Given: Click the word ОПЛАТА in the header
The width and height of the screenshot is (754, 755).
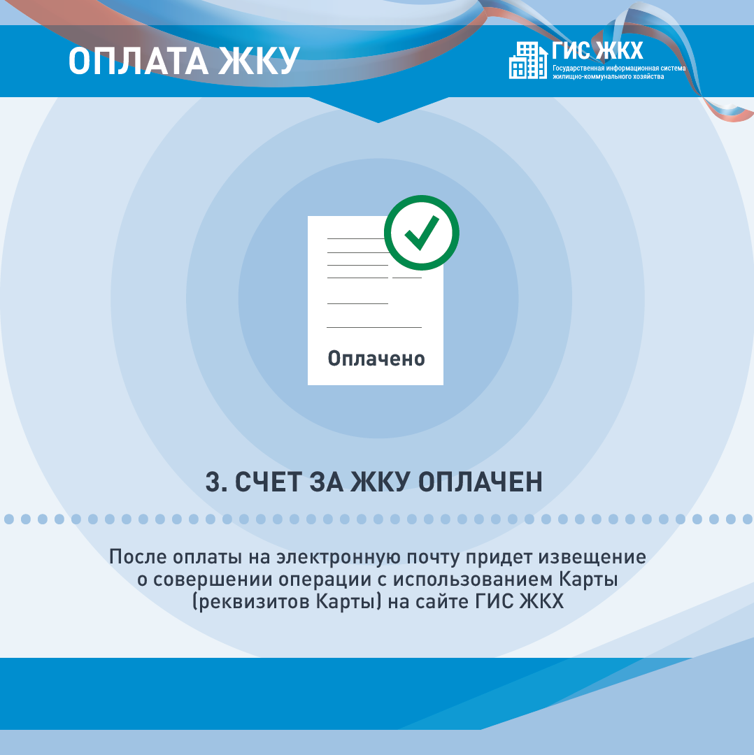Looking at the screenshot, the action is [x=138, y=61].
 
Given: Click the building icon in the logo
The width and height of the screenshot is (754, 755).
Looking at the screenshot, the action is [x=528, y=60].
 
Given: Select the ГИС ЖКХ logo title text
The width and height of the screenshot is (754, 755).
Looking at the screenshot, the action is [x=597, y=50].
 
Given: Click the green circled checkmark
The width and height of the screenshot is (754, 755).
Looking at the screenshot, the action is [x=422, y=233].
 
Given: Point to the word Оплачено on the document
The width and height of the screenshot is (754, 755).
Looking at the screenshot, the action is [x=376, y=359].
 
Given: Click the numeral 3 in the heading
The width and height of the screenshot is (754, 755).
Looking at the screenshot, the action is [x=213, y=482].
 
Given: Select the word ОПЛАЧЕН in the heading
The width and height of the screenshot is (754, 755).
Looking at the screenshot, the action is [x=480, y=482].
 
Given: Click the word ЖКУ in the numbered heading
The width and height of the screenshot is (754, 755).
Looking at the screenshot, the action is [x=380, y=482].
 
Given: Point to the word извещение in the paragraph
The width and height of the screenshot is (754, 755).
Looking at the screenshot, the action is [x=592, y=557].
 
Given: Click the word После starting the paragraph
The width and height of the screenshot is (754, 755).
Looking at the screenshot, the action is [x=138, y=557].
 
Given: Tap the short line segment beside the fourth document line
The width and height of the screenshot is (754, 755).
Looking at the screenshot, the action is [x=407, y=278].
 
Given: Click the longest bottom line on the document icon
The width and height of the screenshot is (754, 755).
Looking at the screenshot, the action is [x=374, y=327].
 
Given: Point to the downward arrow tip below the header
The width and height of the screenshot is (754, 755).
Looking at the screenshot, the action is [x=378, y=122].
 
